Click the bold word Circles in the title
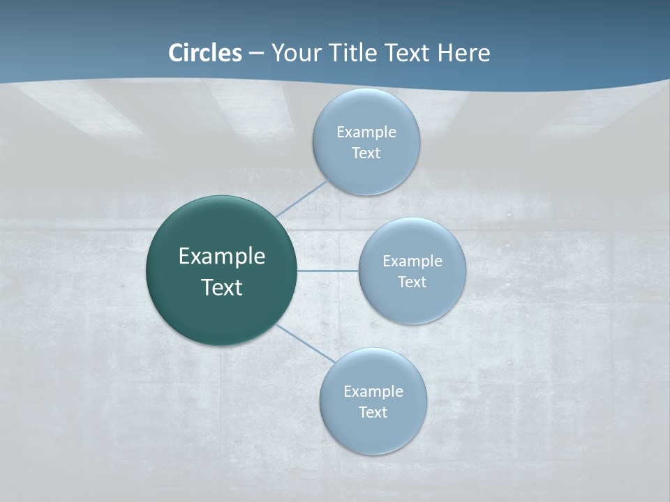[x=204, y=53]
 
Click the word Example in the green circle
[x=222, y=257]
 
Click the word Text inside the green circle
[x=222, y=287]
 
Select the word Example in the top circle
[x=366, y=132]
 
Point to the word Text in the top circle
[x=366, y=153]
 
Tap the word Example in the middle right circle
[x=412, y=261]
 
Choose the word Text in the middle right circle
[x=412, y=282]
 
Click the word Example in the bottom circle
[x=373, y=392]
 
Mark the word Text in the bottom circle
[x=373, y=413]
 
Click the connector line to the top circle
[x=301, y=199]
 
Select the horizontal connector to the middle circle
[x=328, y=271]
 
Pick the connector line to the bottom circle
[x=305, y=342]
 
